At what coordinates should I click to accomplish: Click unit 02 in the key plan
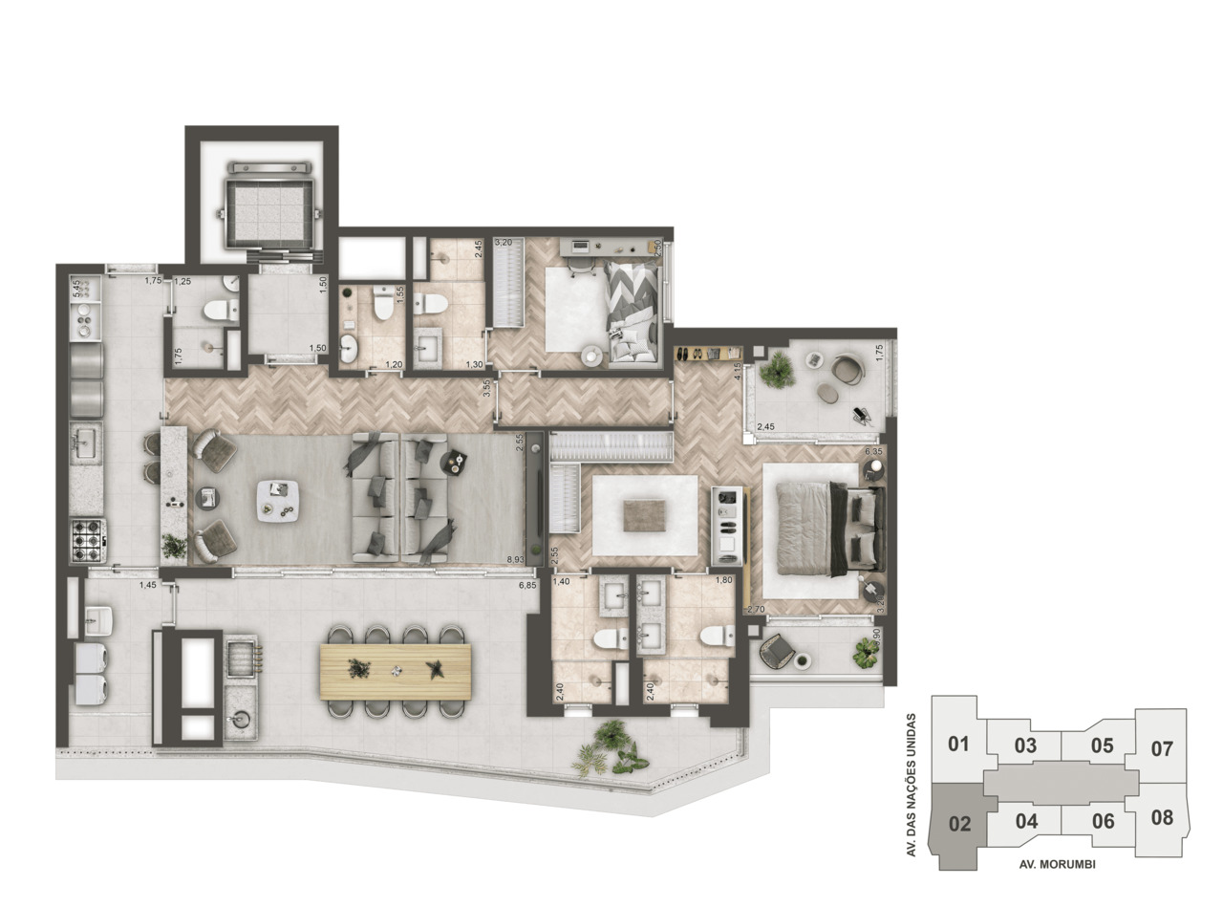click(x=958, y=823)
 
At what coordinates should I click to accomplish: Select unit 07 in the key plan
click(x=1161, y=748)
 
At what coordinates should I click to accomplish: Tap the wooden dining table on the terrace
click(x=396, y=669)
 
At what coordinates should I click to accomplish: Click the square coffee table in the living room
click(x=279, y=499)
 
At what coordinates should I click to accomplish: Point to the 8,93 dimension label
click(x=516, y=559)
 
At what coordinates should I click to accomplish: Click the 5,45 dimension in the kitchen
click(x=77, y=289)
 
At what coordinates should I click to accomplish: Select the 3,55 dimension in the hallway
click(x=486, y=389)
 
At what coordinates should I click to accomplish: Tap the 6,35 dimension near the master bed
click(x=873, y=451)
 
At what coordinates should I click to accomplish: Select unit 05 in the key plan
click(x=1102, y=745)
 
